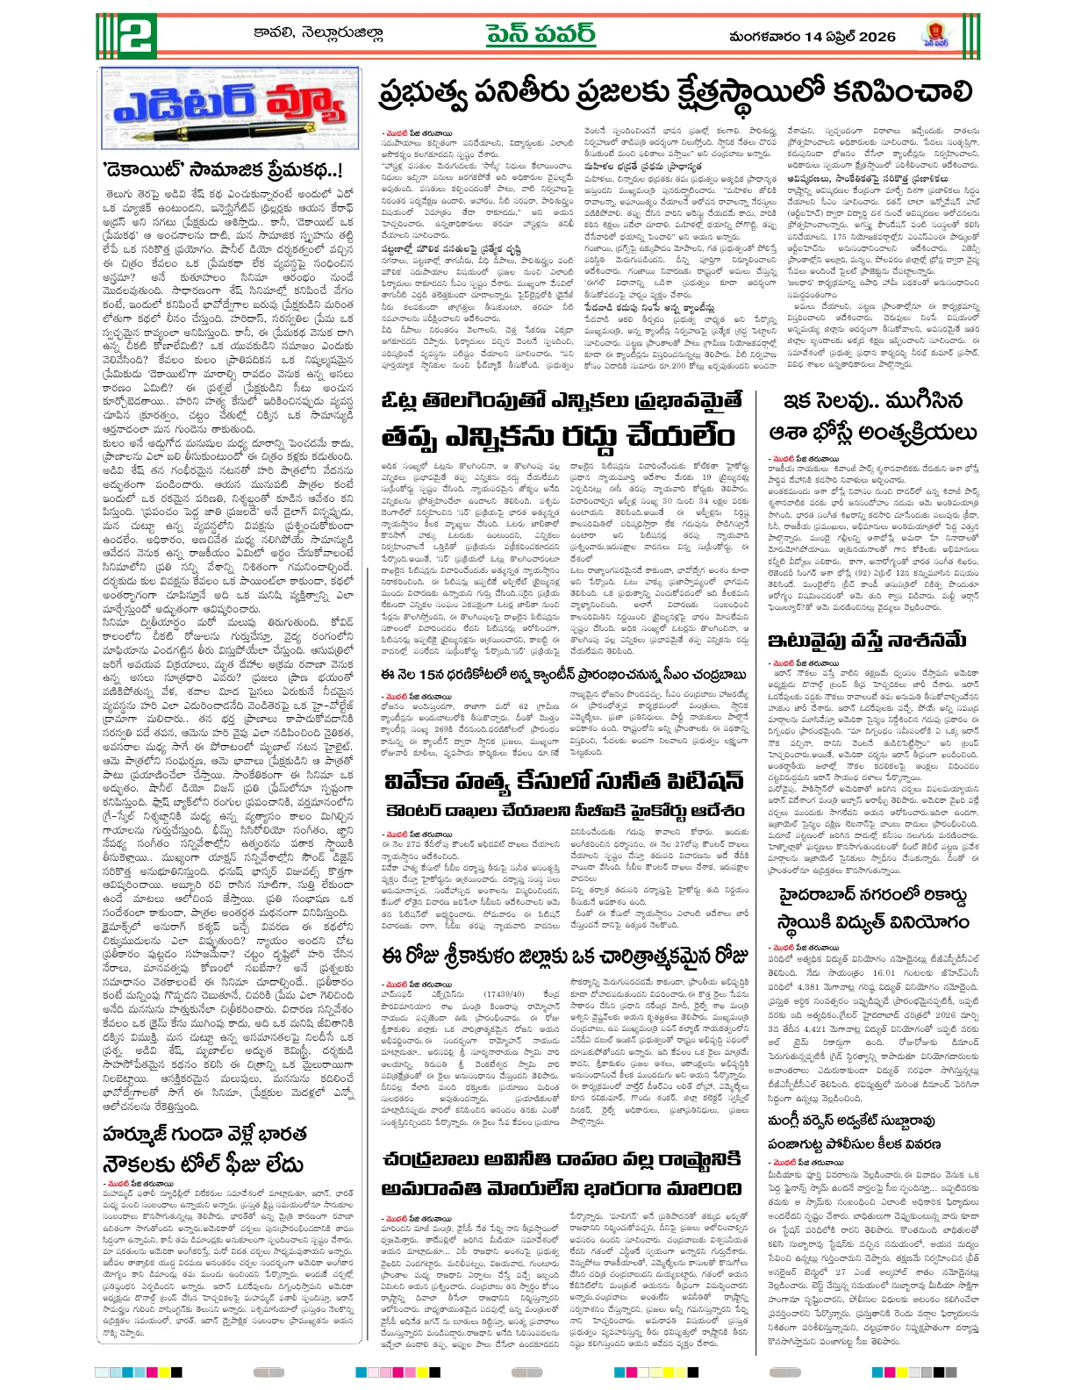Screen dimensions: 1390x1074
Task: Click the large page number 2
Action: pyautogui.click(x=127, y=37)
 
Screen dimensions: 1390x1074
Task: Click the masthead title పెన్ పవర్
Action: pyautogui.click(x=541, y=34)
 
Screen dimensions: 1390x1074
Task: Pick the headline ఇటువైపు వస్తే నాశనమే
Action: pyautogui.click(x=867, y=638)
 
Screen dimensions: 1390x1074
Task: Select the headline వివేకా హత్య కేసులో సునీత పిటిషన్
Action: pyautogui.click(x=564, y=781)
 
